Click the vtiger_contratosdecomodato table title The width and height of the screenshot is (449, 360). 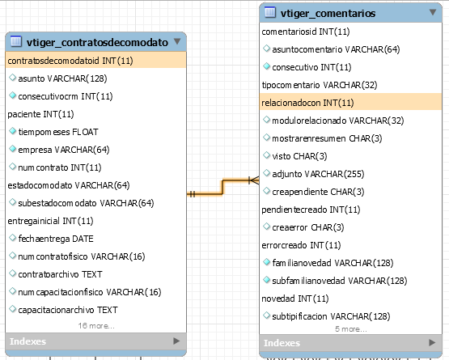(x=97, y=42)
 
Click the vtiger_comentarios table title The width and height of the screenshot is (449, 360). (x=328, y=13)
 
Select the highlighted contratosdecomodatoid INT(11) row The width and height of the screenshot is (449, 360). (x=95, y=61)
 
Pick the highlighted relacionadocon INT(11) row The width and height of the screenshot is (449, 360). (x=350, y=102)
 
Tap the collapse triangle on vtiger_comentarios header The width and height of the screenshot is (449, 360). (x=433, y=12)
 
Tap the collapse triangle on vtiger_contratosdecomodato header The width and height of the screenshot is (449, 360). (x=177, y=41)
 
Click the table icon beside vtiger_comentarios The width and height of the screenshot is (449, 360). (x=270, y=12)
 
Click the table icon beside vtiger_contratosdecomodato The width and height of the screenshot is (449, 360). (x=16, y=41)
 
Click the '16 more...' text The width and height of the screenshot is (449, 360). (x=96, y=326)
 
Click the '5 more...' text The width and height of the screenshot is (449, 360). (x=351, y=329)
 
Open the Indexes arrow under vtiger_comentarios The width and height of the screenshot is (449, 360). (x=432, y=342)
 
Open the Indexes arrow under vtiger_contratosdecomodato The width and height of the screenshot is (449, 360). (x=176, y=341)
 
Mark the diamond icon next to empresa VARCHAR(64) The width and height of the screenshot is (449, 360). (x=12, y=149)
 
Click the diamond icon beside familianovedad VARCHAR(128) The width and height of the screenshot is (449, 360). (x=266, y=262)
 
